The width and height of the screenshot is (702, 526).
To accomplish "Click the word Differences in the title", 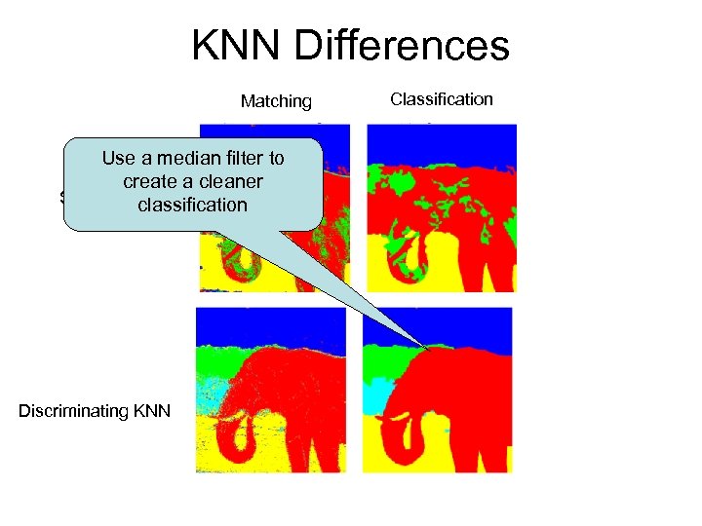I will coord(401,46).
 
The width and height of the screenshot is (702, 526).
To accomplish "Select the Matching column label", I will coord(276,101).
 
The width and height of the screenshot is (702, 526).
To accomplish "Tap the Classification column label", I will coord(442,98).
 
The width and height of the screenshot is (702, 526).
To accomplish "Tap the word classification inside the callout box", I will coord(192,205).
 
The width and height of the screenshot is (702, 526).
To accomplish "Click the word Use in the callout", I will coord(118,159).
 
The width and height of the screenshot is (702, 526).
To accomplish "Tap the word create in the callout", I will coord(145,181).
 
